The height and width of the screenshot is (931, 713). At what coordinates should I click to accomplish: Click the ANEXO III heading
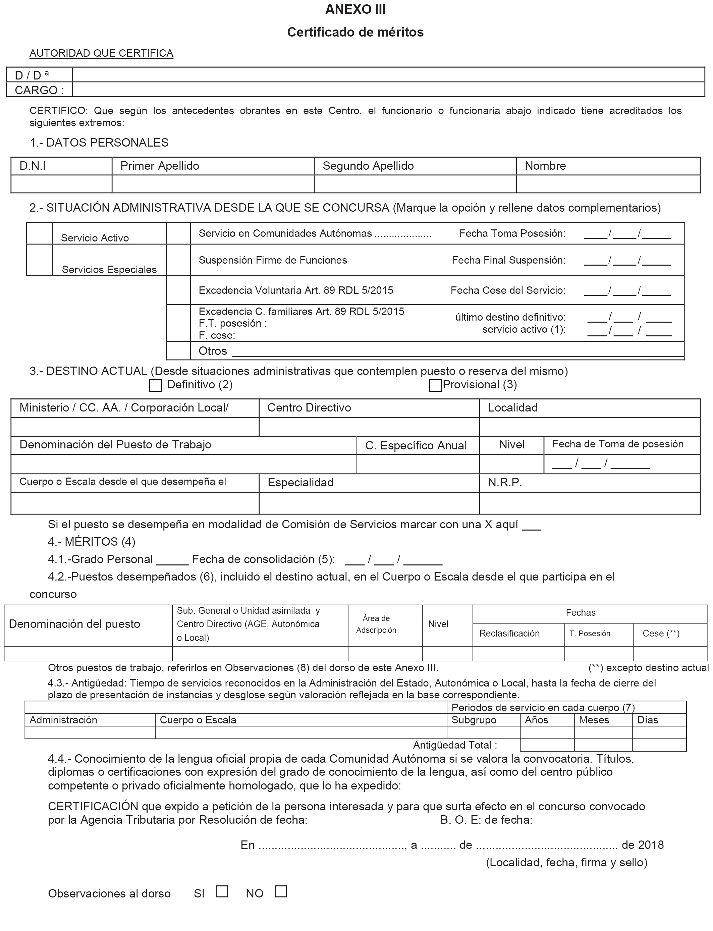[355, 10]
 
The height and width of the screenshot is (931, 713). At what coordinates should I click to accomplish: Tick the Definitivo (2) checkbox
[156, 385]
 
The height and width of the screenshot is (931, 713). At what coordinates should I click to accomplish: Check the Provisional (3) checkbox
[435, 385]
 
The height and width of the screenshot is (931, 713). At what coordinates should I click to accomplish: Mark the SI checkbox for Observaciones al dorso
[222, 891]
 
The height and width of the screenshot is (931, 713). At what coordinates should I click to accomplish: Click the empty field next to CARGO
[388, 90]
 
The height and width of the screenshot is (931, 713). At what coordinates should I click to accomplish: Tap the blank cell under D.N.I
[61, 184]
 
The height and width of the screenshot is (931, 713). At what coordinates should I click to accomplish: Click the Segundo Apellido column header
[368, 166]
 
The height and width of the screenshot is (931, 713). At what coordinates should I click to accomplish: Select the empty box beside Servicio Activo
[40, 233]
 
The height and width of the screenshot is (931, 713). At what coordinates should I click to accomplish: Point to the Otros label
[213, 351]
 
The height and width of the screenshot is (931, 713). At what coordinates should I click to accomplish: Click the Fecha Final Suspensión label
[508, 260]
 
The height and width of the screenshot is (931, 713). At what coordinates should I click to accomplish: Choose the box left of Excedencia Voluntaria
[178, 290]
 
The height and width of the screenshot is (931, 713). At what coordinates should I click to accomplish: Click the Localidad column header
[513, 408]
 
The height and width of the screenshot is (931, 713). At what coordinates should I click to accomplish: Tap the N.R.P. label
[505, 483]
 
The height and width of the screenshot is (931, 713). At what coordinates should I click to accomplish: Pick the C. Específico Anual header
[416, 446]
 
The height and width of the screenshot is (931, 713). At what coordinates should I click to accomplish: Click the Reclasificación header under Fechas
[509, 634]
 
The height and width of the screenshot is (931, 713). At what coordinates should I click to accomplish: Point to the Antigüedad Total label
[455, 745]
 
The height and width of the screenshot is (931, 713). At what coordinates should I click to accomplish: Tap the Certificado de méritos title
[355, 32]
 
